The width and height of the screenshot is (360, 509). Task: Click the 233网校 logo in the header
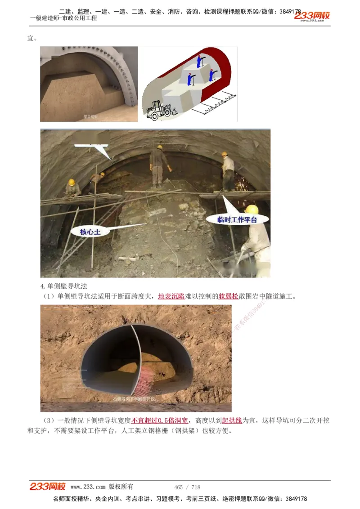(x=312, y=16)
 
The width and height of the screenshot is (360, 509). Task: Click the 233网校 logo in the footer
(x=48, y=487)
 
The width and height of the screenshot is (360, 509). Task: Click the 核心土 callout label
(x=90, y=232)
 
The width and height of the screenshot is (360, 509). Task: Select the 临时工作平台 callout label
(x=237, y=219)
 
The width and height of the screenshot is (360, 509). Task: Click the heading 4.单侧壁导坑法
(x=63, y=286)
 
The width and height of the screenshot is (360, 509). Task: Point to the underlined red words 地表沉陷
(x=171, y=297)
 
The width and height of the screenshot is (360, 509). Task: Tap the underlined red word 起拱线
(x=232, y=421)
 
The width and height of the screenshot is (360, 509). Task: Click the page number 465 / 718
(x=187, y=487)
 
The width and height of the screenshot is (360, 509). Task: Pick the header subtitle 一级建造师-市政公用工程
(x=63, y=18)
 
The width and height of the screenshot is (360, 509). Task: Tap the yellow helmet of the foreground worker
(x=252, y=210)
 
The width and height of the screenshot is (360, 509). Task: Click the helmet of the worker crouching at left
(x=71, y=182)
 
